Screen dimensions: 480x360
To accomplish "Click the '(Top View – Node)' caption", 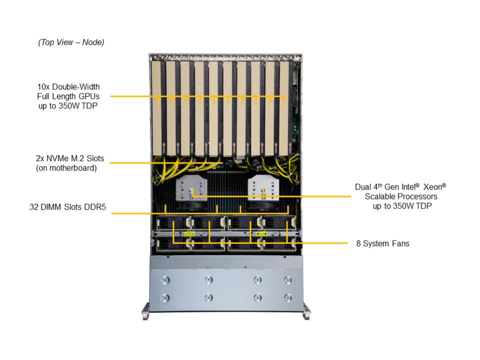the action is coord(71,42).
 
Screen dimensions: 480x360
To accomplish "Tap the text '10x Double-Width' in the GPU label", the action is coord(68,86).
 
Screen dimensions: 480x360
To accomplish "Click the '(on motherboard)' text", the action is coord(66,168).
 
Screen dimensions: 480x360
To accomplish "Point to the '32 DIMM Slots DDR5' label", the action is coord(67,207).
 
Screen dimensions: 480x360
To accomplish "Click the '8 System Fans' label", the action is coord(382,243).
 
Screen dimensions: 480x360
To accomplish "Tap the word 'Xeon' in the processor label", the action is coord(432,187).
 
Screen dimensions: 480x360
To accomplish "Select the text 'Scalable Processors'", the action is coord(401,196).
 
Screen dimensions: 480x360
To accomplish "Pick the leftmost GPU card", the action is coord(158,108).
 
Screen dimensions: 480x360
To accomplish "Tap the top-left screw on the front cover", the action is coord(165,280).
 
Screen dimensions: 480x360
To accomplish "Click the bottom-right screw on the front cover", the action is coord(287,297).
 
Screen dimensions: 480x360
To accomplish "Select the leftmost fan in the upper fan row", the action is coord(173,223).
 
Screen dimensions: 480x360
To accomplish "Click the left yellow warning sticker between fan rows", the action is coord(189,234).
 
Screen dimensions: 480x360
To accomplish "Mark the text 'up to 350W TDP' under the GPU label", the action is coord(68,106).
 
